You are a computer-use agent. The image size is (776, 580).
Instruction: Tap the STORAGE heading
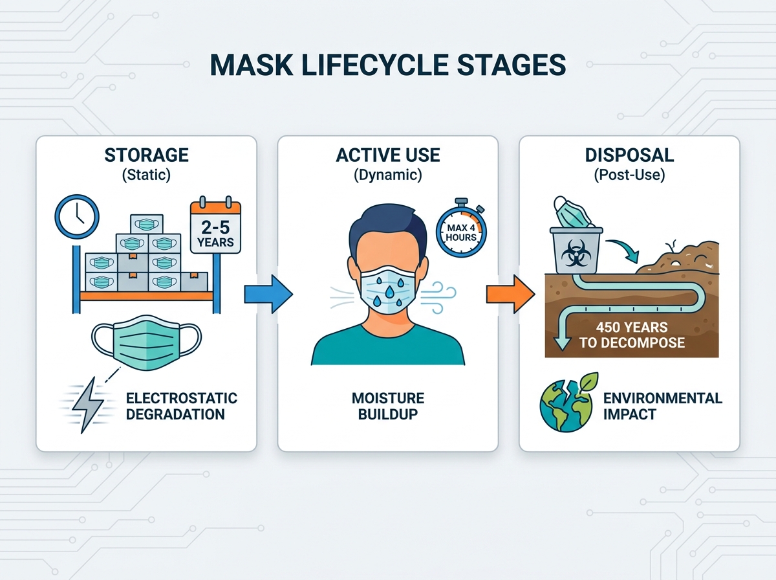click(146, 155)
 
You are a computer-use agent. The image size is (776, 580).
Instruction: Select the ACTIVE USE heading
click(388, 155)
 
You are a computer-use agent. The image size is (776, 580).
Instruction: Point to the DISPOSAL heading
click(629, 155)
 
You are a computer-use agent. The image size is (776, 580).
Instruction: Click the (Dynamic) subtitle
click(388, 175)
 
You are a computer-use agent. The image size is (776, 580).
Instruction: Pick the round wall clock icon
click(77, 216)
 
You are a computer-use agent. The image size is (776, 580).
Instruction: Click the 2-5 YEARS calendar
click(215, 225)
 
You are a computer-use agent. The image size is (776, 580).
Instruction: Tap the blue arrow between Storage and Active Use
click(268, 294)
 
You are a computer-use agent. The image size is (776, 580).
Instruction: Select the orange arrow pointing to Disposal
click(510, 294)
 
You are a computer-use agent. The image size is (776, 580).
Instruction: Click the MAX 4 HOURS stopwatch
click(461, 229)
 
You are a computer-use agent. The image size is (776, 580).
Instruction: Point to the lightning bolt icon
click(87, 405)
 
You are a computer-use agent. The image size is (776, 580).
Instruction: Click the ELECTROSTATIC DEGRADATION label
click(181, 407)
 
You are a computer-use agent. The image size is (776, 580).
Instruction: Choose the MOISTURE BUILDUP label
click(388, 407)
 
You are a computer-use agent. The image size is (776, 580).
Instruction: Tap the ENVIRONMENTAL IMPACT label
click(662, 407)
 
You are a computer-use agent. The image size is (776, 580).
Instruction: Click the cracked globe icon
click(566, 405)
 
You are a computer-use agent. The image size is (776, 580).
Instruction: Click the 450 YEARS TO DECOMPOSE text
click(632, 335)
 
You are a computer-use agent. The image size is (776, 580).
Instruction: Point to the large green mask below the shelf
click(146, 342)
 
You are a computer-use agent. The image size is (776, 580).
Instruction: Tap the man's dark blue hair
click(388, 227)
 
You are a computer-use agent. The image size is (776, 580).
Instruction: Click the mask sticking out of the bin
click(572, 212)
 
